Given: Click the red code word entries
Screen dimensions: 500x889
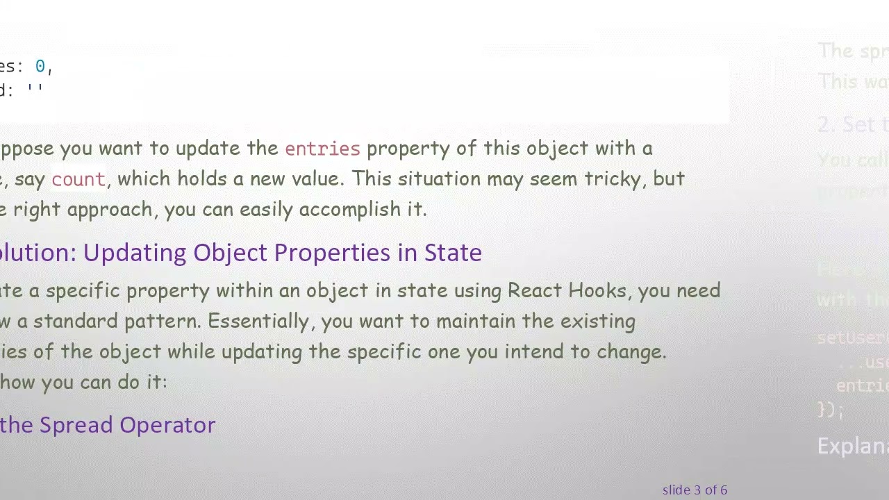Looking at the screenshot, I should (322, 148).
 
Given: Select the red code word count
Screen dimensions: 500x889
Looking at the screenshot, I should (78, 179).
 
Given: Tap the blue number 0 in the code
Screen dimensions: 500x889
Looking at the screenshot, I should (40, 66).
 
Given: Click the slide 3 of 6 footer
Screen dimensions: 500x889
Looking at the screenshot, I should (695, 490).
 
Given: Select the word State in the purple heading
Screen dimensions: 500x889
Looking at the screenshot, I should (453, 253).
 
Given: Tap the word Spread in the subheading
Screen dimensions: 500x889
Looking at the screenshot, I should (76, 425).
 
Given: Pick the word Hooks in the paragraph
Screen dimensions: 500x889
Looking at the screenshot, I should (597, 290).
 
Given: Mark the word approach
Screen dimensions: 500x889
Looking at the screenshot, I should (109, 209).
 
